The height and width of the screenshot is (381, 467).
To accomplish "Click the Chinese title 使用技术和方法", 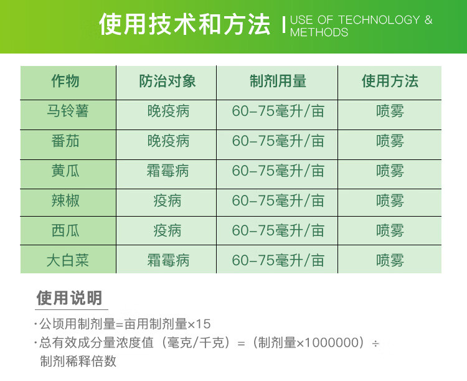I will click(x=185, y=26).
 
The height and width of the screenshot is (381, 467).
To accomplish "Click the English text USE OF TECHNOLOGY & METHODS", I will click(x=361, y=26).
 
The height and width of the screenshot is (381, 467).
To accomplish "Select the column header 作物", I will click(x=65, y=82).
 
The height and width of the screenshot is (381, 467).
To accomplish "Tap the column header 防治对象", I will click(x=167, y=82).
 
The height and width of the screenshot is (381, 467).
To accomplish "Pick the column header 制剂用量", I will click(x=278, y=82).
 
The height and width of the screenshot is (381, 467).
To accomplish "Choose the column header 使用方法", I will click(x=390, y=82).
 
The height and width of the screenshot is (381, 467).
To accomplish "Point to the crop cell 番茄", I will click(x=65, y=141).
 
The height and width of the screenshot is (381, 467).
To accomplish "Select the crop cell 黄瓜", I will click(x=65, y=171).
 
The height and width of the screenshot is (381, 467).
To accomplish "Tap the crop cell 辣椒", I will click(x=65, y=200).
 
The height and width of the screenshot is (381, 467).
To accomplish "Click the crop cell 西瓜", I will click(x=65, y=230).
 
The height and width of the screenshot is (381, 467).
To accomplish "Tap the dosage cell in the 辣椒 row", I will click(x=278, y=200).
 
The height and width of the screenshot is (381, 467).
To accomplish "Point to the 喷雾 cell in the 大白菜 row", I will click(x=390, y=260).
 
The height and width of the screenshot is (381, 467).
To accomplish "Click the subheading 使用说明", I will click(x=69, y=298).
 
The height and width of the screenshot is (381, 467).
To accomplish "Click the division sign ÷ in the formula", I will click(x=375, y=344).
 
